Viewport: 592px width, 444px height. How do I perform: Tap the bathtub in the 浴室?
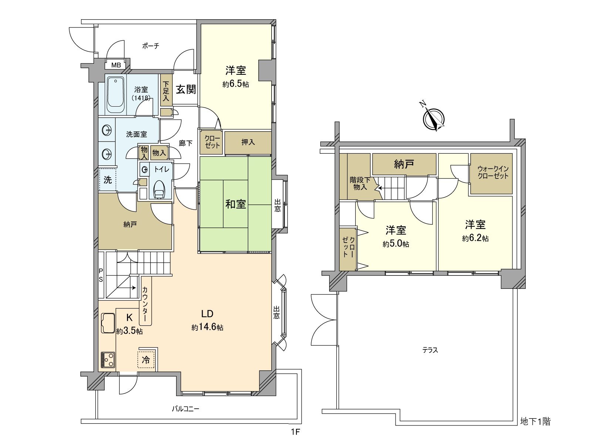tap(116, 95)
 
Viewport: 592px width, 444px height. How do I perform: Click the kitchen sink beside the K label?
tap(108, 323)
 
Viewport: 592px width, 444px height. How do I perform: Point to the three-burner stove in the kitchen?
tap(108, 360)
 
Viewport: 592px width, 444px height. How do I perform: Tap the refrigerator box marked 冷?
tap(147, 360)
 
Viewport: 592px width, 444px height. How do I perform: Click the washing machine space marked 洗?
tap(108, 180)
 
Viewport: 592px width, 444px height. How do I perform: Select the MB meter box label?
tap(116, 65)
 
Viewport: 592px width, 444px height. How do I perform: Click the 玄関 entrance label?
tap(186, 89)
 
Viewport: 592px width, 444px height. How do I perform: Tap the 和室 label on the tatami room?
tap(235, 204)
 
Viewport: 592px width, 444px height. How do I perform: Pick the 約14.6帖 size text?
tap(207, 327)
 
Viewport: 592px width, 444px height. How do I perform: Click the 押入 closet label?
tap(248, 142)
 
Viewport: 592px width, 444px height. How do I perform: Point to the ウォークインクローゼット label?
tap(493, 173)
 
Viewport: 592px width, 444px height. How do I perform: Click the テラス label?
tap(430, 350)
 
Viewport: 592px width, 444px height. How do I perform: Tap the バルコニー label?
tap(186, 409)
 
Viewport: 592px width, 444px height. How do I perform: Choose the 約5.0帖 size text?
tap(396, 244)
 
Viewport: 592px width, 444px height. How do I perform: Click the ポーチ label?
tap(151, 46)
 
